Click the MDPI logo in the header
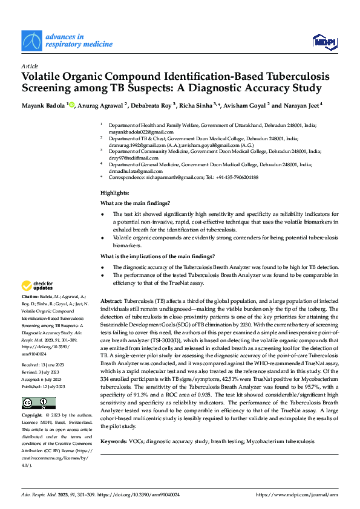(x=324, y=41)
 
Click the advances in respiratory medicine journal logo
(x=67, y=40)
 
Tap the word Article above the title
(x=29, y=66)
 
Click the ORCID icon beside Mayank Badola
(x=72, y=105)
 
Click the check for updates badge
(x=38, y=285)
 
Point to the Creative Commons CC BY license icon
(x=38, y=403)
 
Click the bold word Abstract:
(x=111, y=300)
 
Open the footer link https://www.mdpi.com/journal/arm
(x=297, y=494)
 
